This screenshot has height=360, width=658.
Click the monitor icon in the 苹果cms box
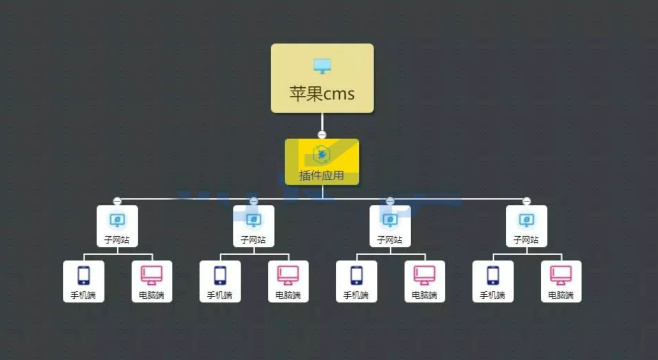(x=321, y=66)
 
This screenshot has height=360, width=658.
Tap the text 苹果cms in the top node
(x=322, y=96)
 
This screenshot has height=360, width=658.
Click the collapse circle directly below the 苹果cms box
(x=322, y=134)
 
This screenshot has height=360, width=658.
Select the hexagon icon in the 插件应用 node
(x=321, y=155)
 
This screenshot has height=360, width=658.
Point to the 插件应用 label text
(x=321, y=176)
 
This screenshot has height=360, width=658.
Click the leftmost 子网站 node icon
(x=116, y=219)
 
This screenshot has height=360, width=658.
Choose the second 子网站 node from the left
(x=253, y=225)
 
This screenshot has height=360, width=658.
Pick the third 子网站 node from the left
(x=390, y=225)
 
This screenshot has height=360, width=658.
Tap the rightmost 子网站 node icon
(x=526, y=219)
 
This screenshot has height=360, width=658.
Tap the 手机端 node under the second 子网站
(x=220, y=281)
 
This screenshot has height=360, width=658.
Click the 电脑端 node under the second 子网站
(x=288, y=281)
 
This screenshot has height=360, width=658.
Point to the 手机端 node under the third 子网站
(x=356, y=281)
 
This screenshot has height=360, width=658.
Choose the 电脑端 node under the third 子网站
(x=424, y=281)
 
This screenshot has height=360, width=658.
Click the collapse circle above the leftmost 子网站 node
(x=117, y=201)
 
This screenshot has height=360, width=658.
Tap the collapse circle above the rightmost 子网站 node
(x=526, y=201)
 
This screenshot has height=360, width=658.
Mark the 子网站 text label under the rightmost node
(x=526, y=240)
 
